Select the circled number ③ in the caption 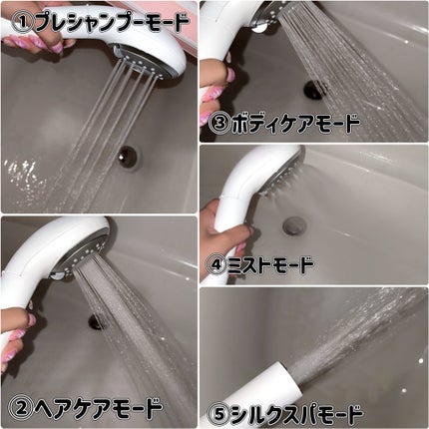[x=219, y=124]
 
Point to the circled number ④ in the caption [x=216, y=265]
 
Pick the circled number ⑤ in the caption [x=219, y=414]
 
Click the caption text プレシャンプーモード [x=112, y=22]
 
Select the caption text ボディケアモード [x=295, y=124]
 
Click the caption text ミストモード [x=270, y=265]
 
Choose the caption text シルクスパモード [x=296, y=414]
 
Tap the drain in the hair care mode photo [x=97, y=322]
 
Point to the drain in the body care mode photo [x=313, y=90]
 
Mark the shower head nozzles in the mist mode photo [x=280, y=181]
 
